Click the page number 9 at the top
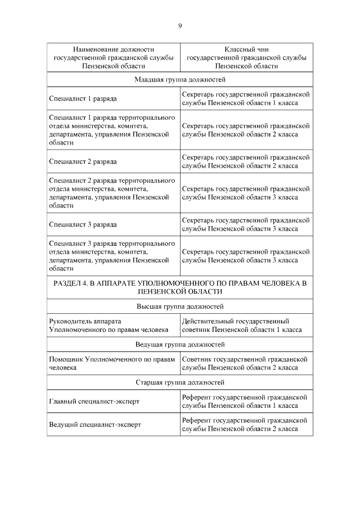180,26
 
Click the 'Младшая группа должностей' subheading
180,80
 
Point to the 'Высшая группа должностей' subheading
180,307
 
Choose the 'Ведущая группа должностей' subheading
180,344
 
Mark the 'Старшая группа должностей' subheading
180,382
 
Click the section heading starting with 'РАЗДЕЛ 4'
180,287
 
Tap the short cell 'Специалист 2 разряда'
83,161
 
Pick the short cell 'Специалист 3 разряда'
83,224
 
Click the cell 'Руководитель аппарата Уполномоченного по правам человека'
109,325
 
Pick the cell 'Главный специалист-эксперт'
94,402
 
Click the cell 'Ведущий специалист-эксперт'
94,425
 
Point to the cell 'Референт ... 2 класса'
246,425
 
